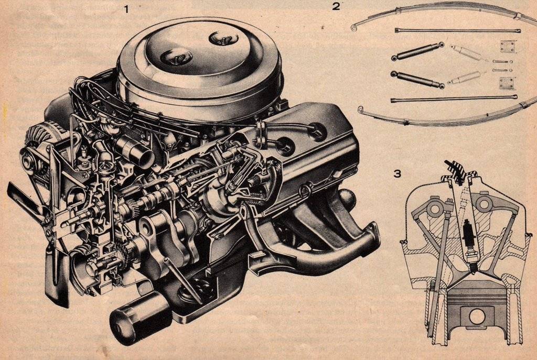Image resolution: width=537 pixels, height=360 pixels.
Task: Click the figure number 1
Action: pyautogui.click(x=127, y=9)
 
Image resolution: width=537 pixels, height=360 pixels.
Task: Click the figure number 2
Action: pyautogui.click(x=336, y=6)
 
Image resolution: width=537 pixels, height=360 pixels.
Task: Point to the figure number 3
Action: pyautogui.click(x=398, y=174)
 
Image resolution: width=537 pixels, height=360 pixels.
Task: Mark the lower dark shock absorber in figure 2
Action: pyautogui.click(x=418, y=80)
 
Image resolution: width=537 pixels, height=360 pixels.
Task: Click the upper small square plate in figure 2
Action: pyautogui.click(x=508, y=47)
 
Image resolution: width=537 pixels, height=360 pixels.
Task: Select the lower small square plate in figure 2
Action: pyautogui.click(x=507, y=83)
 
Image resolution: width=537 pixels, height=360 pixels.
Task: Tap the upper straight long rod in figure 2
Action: pyautogui.click(x=458, y=30)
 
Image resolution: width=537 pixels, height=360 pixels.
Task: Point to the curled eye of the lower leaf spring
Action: pyautogui.click(x=361, y=110)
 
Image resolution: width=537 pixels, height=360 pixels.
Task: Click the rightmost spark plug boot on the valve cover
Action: pyautogui.click(x=317, y=130)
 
